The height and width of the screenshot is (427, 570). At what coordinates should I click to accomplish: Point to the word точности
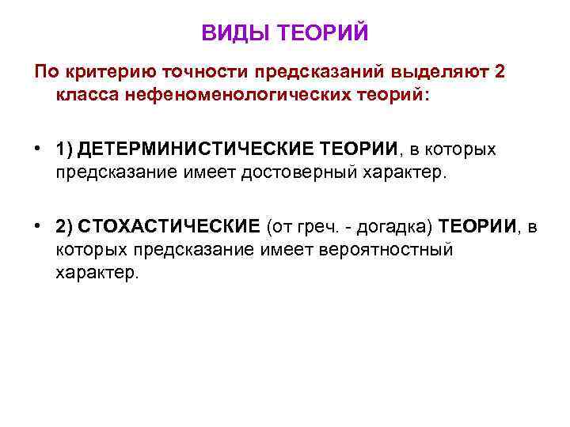206,73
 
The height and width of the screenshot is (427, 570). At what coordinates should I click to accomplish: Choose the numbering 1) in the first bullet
65,149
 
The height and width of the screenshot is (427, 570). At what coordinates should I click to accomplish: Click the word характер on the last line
97,273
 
